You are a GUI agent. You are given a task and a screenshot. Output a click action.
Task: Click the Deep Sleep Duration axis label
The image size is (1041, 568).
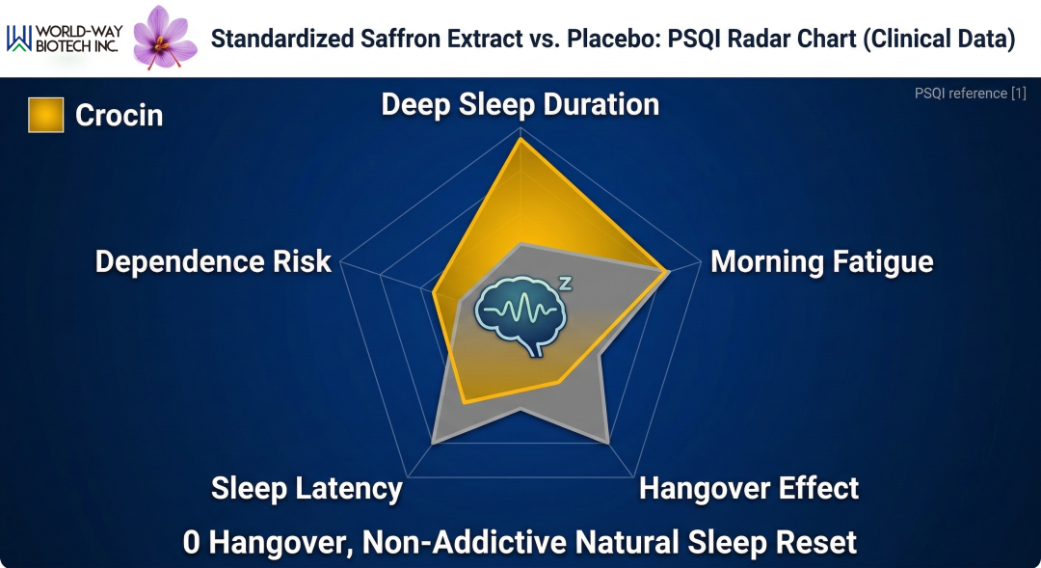520,105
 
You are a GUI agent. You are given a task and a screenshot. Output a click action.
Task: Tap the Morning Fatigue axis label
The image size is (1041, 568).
822,261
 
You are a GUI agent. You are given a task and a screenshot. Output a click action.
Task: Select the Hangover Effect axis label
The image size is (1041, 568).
749,488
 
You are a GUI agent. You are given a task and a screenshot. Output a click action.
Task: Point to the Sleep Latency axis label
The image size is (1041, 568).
307,489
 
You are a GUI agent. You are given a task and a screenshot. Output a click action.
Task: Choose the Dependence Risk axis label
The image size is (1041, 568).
213,261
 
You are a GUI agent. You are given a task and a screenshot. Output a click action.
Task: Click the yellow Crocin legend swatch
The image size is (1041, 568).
46,115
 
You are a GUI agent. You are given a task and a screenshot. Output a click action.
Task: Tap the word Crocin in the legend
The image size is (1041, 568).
119,116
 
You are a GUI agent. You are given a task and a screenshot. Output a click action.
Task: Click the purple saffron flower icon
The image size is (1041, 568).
165,38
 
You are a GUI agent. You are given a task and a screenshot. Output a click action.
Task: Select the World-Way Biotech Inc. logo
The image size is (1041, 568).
65,39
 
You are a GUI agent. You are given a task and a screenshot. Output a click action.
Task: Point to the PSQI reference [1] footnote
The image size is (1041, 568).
970,94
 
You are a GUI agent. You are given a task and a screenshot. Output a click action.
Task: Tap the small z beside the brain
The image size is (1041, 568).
565,284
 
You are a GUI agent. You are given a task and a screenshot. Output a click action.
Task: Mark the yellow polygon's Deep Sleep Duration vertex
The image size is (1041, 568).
521,139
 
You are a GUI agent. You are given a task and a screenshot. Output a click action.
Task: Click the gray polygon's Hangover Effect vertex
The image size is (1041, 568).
608,442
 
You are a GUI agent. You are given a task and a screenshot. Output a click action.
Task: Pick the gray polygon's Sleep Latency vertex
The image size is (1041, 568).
433,442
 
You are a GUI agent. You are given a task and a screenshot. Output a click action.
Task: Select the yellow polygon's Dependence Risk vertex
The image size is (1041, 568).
434,292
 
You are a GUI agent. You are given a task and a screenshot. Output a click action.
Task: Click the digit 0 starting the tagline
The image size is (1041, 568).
191,542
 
